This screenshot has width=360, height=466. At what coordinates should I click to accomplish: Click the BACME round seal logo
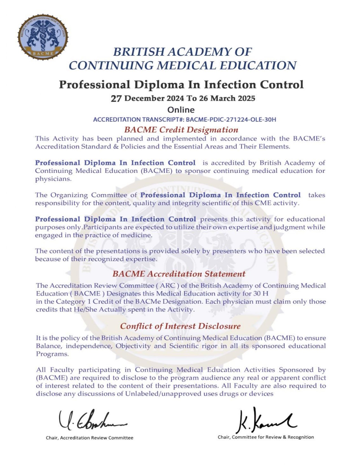tap(43, 37)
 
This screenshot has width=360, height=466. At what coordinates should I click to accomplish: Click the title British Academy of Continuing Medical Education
tap(183, 58)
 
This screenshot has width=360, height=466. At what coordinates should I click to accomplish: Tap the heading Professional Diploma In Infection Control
tap(181, 84)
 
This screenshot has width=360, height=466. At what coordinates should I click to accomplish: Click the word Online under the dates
tap(181, 110)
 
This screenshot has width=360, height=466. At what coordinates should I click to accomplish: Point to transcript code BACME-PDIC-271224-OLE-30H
tap(231, 119)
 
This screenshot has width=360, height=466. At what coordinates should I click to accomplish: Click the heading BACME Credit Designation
tap(181, 130)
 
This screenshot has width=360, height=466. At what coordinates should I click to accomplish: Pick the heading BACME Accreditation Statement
tap(179, 274)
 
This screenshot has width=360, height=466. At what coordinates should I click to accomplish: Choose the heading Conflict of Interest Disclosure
tap(180, 326)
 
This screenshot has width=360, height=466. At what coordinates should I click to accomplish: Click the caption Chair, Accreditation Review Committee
tap(90, 438)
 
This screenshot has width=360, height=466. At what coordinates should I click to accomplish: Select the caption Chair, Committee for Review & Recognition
tap(266, 437)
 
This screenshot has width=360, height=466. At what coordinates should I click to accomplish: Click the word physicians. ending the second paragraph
tap(53, 179)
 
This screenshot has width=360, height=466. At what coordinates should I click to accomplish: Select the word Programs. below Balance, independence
tap(52, 354)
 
